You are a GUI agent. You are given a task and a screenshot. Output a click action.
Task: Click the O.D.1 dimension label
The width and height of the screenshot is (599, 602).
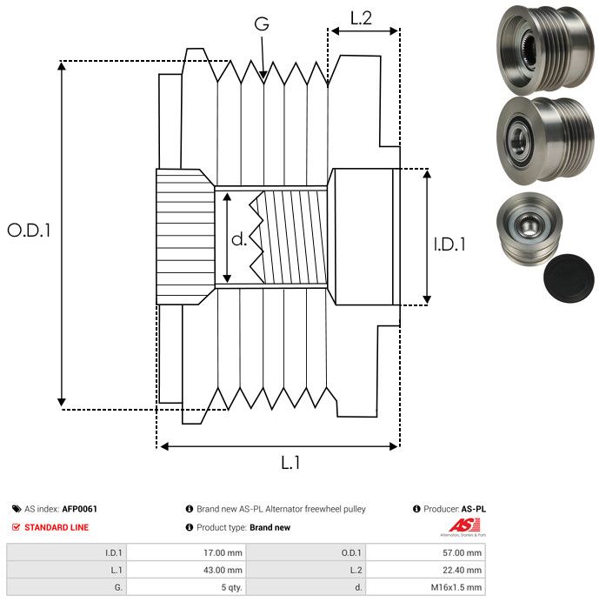(30, 231)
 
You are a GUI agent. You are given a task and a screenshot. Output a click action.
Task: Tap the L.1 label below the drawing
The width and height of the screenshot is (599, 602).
(291, 464)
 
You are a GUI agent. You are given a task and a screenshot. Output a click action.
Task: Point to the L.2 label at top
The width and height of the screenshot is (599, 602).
(361, 18)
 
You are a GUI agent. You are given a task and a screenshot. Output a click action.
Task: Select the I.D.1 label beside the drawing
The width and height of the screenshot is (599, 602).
(449, 244)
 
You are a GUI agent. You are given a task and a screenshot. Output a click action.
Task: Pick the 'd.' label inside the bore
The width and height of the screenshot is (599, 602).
(239, 239)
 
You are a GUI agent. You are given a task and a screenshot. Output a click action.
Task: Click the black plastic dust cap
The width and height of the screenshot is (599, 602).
(567, 281)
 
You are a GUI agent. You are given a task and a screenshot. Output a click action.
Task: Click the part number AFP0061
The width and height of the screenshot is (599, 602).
(79, 509)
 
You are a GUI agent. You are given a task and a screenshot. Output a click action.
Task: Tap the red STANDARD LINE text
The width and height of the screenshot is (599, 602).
(57, 527)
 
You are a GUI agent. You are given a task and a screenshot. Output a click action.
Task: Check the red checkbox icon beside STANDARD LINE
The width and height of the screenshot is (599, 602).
(17, 527)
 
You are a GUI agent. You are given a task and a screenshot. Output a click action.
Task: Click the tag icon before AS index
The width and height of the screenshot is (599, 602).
(17, 509)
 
